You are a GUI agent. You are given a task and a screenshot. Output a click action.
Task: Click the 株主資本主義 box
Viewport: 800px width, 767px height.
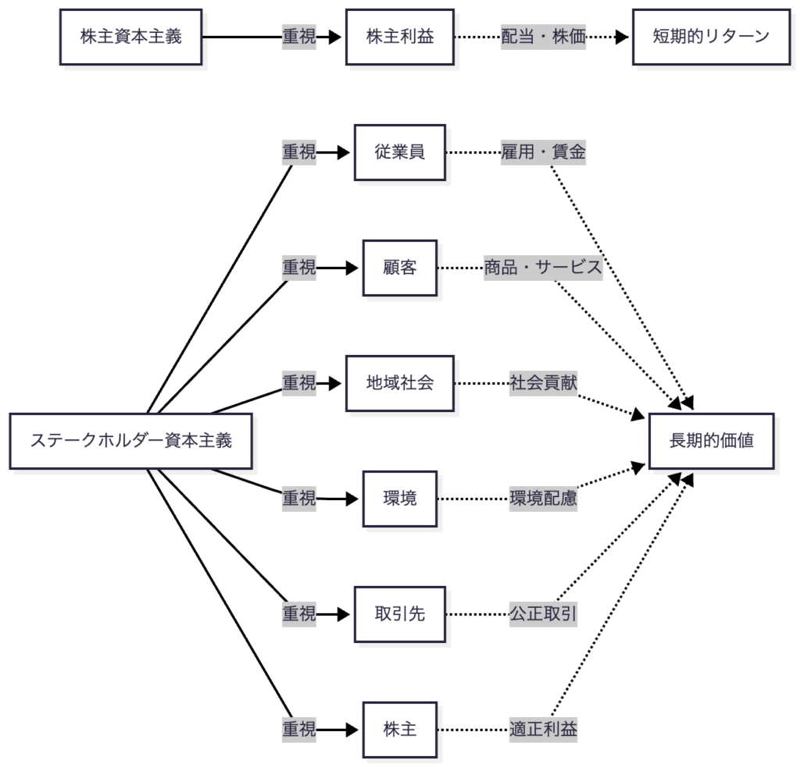coord(131,37)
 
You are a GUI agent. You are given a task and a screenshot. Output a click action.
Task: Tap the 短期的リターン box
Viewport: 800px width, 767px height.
coord(711,37)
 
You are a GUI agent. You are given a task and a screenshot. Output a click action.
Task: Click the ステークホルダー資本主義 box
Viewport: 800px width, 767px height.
coord(131,441)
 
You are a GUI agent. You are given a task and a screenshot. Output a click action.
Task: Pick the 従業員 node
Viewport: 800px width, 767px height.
coord(399,152)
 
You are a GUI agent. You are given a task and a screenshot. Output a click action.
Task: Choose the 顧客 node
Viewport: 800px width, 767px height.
coord(399,268)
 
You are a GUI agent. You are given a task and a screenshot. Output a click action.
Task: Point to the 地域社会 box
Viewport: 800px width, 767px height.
coord(399,383)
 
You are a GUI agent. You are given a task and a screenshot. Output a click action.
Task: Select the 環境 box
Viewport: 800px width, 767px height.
coord(399,499)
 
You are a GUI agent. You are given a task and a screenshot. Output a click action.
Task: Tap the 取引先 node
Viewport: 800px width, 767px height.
coord(399,614)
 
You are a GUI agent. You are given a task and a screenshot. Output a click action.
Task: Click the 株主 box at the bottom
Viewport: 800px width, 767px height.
coord(399,730)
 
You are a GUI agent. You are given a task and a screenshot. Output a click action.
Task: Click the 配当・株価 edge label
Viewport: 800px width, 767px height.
coord(544,37)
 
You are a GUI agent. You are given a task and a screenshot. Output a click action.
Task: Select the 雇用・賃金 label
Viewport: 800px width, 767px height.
coord(544,152)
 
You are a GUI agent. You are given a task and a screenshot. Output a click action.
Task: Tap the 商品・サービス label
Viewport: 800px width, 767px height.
coord(544,268)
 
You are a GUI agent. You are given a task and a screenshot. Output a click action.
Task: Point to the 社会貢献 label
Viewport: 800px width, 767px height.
coord(544,383)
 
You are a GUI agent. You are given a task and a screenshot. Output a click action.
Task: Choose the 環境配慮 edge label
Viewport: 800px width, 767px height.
coord(544,499)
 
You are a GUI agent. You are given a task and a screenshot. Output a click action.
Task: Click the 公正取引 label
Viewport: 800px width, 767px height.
coord(544,614)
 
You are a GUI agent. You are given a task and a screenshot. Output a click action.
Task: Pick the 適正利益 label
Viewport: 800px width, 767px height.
coord(544,730)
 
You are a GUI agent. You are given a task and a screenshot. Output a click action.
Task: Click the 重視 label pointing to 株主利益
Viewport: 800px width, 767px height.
coord(299,37)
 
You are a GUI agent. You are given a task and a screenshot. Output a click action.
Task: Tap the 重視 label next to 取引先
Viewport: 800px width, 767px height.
coord(299,614)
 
